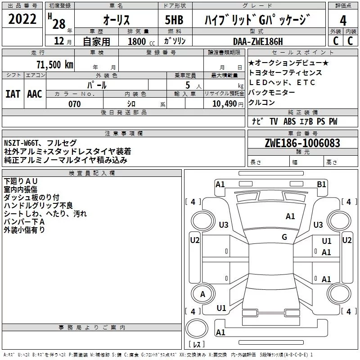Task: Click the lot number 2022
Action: (23, 20)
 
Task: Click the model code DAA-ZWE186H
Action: (258, 41)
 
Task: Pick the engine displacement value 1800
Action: (137, 41)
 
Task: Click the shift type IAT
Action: (13, 94)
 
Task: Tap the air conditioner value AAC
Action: (34, 94)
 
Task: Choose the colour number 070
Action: (74, 104)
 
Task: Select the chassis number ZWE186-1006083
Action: (302, 144)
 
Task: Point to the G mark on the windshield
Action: (284, 237)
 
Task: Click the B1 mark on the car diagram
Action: (321, 184)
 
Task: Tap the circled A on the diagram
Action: (202, 294)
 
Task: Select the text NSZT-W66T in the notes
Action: (22, 143)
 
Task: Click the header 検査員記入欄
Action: (92, 173)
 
